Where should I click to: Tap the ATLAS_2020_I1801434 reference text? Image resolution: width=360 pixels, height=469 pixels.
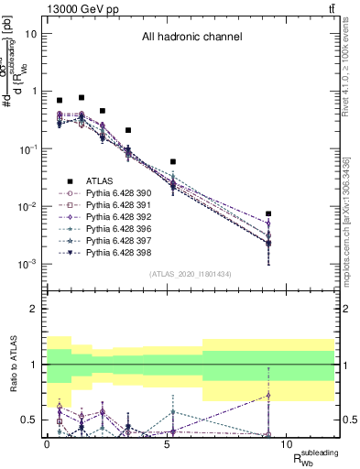coord(191,275)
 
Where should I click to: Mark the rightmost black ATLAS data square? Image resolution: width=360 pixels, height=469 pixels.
coord(267,213)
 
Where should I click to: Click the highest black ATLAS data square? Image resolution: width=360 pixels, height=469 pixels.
coord(82,97)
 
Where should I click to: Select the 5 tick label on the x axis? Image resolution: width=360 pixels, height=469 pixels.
coord(166,443)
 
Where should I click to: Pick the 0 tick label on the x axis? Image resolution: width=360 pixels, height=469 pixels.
coord(48,443)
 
